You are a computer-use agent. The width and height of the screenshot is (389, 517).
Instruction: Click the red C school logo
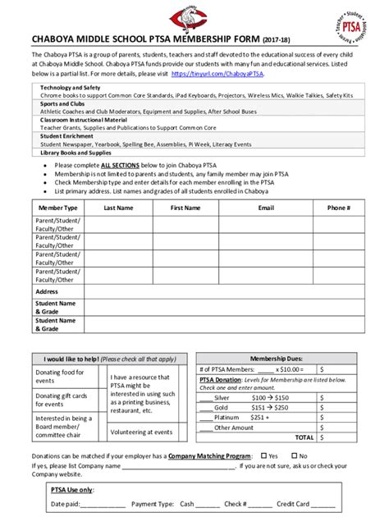click(194, 16)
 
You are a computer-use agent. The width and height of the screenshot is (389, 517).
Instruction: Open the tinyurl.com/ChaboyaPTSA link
click(230, 74)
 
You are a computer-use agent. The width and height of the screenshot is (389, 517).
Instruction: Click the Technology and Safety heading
click(71, 87)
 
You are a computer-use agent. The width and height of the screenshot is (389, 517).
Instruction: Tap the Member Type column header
click(57, 208)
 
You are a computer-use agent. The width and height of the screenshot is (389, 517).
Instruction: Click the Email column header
click(266, 208)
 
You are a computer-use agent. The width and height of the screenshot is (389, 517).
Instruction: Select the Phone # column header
click(338, 208)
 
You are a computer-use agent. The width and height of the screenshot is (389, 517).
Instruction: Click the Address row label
click(47, 291)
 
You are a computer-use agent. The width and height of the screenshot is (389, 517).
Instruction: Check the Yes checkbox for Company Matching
click(263, 455)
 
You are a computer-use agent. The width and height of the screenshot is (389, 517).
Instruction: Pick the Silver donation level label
click(222, 396)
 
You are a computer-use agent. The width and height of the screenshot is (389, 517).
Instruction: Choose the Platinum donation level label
click(227, 417)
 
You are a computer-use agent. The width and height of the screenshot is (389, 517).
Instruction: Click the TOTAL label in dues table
click(304, 437)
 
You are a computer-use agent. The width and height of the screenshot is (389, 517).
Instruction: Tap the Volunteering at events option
click(141, 432)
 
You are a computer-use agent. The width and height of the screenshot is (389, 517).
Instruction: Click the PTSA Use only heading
click(72, 489)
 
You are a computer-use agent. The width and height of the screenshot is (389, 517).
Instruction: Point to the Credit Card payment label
click(292, 504)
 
